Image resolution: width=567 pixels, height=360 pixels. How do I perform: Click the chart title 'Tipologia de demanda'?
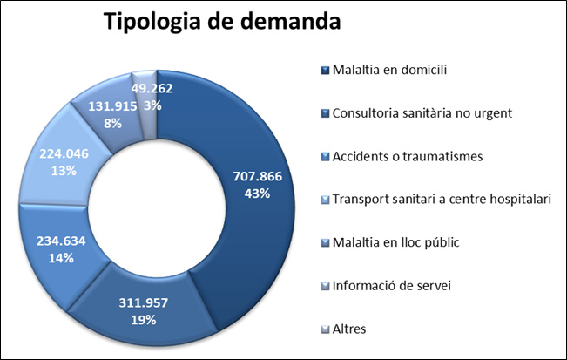coord(222,23)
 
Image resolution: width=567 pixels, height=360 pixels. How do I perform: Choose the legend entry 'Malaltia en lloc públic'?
coord(396,242)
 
